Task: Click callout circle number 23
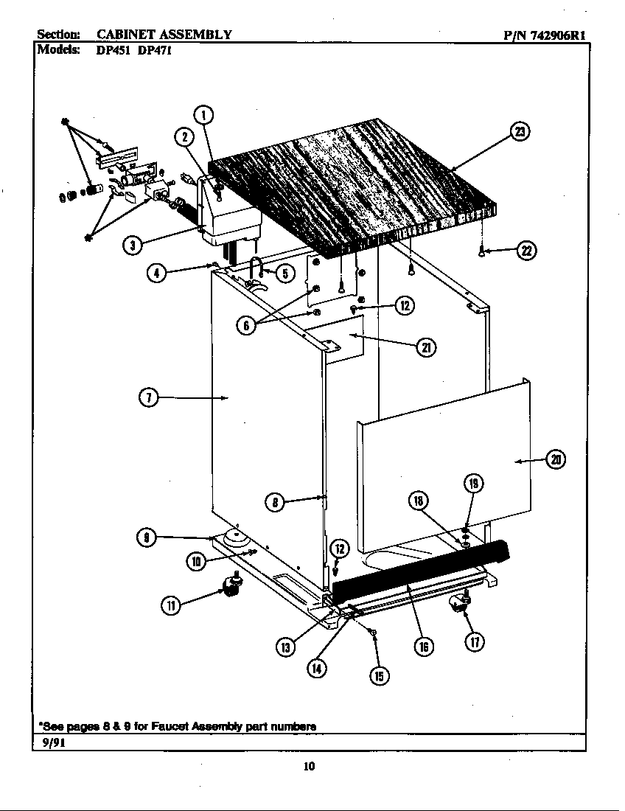pyautogui.click(x=520, y=132)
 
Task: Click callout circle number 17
pyautogui.click(x=475, y=642)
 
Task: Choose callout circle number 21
pyautogui.click(x=426, y=349)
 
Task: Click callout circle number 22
pyautogui.click(x=526, y=251)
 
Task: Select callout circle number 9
pyautogui.click(x=148, y=537)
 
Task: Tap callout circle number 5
pyautogui.click(x=285, y=273)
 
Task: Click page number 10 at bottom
pyautogui.click(x=310, y=767)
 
